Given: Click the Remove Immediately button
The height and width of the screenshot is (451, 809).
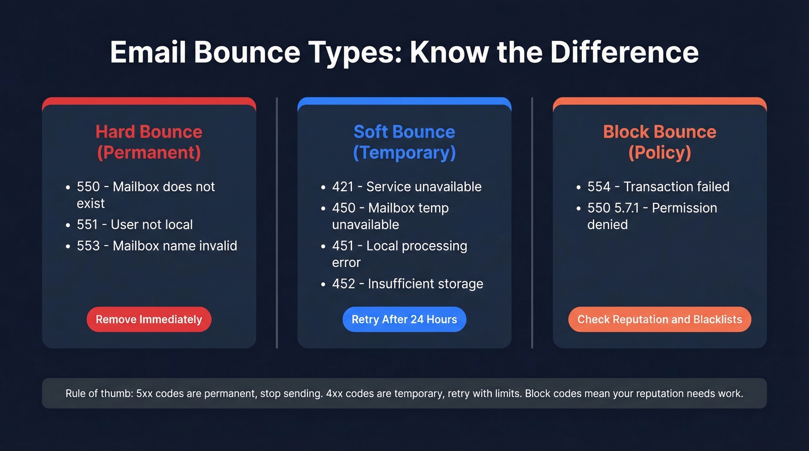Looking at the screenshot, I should tap(149, 319).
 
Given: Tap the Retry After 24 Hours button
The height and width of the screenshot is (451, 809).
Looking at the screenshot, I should tap(404, 319).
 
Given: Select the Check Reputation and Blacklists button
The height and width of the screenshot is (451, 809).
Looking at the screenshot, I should tap(659, 319).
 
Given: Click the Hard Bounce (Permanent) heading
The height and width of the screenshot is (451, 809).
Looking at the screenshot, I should tap(149, 141).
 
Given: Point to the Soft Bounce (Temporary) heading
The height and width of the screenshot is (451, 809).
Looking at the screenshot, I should tap(404, 141).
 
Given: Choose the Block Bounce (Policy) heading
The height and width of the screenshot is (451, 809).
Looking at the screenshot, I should tap(659, 141).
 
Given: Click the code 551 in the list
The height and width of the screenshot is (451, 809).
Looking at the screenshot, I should tap(88, 225).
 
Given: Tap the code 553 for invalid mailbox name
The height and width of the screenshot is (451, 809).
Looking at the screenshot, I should tap(88, 245).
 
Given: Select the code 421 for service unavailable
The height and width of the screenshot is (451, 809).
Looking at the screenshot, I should tap(343, 187).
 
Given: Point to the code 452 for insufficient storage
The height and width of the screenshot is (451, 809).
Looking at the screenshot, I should tap(343, 284).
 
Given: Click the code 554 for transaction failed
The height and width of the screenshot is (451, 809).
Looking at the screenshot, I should tap(599, 187).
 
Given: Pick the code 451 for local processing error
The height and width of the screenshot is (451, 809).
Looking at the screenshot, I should tap(343, 245).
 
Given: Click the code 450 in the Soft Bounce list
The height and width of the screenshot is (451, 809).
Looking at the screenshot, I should tap(343, 208).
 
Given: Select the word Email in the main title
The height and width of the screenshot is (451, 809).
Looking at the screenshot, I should tap(148, 53).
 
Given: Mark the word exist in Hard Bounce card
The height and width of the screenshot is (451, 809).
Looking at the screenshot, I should tap(91, 203).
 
